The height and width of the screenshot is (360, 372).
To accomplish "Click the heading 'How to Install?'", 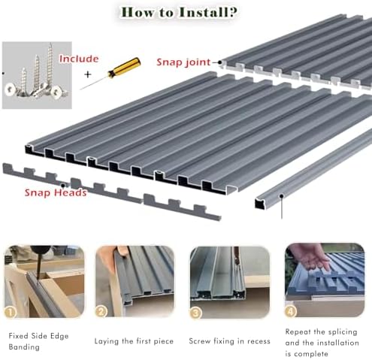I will point(186,13).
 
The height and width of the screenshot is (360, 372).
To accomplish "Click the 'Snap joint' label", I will point(183,62).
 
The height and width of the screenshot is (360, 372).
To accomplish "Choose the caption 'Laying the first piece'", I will point(134,340).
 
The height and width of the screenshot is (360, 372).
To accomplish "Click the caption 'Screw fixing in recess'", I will point(229,340).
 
